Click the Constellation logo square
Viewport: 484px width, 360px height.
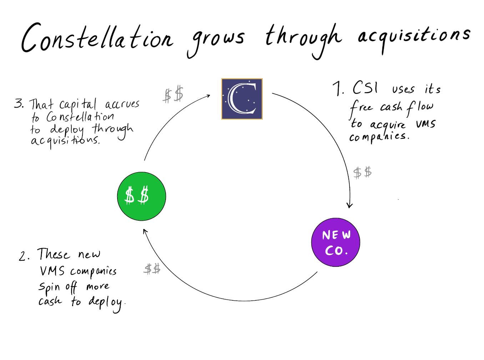point(242,99)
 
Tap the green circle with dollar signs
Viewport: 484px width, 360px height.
point(141,196)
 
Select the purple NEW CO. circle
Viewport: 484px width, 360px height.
point(336,242)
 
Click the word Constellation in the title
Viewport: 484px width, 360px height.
point(97,38)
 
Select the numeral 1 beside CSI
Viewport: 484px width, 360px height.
point(337,89)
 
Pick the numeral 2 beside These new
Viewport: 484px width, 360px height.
point(23,256)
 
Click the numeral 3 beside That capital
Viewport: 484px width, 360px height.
point(19,104)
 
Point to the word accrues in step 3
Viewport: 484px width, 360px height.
point(122,104)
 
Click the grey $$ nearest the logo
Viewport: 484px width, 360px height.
point(173,95)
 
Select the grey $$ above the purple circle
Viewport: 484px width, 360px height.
point(362,173)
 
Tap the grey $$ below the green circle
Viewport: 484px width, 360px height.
point(152,269)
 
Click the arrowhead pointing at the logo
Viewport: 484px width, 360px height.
point(208,95)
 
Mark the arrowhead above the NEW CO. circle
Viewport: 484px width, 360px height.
point(349,205)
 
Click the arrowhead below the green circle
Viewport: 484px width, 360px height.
point(145,231)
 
